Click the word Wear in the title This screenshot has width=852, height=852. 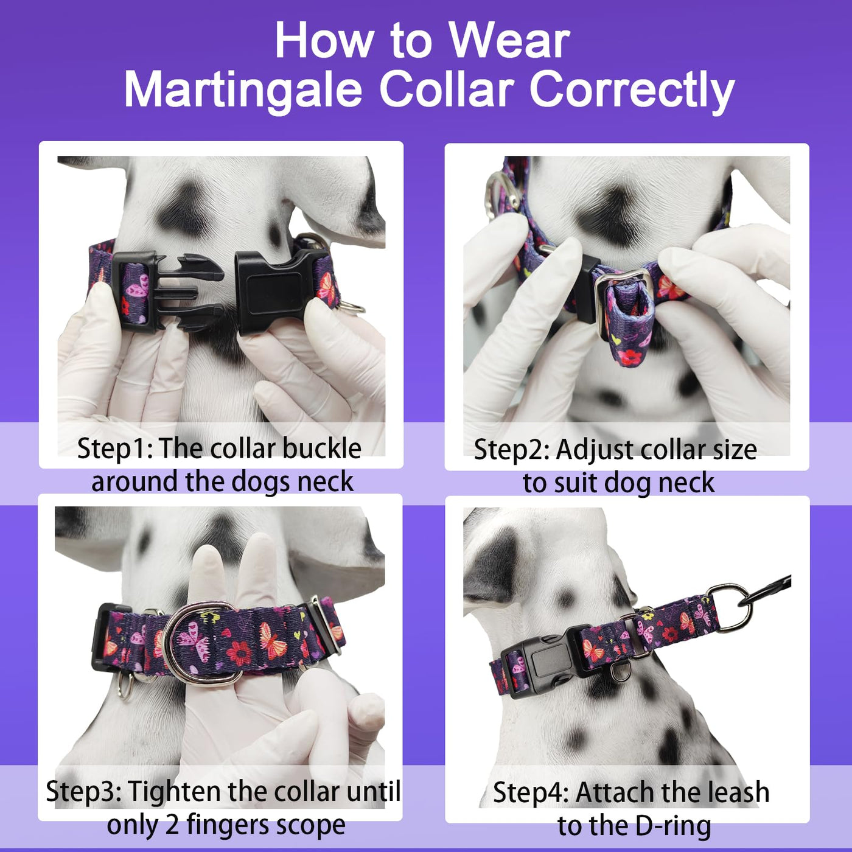point(510,41)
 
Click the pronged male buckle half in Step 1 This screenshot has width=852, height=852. point(167,292)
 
